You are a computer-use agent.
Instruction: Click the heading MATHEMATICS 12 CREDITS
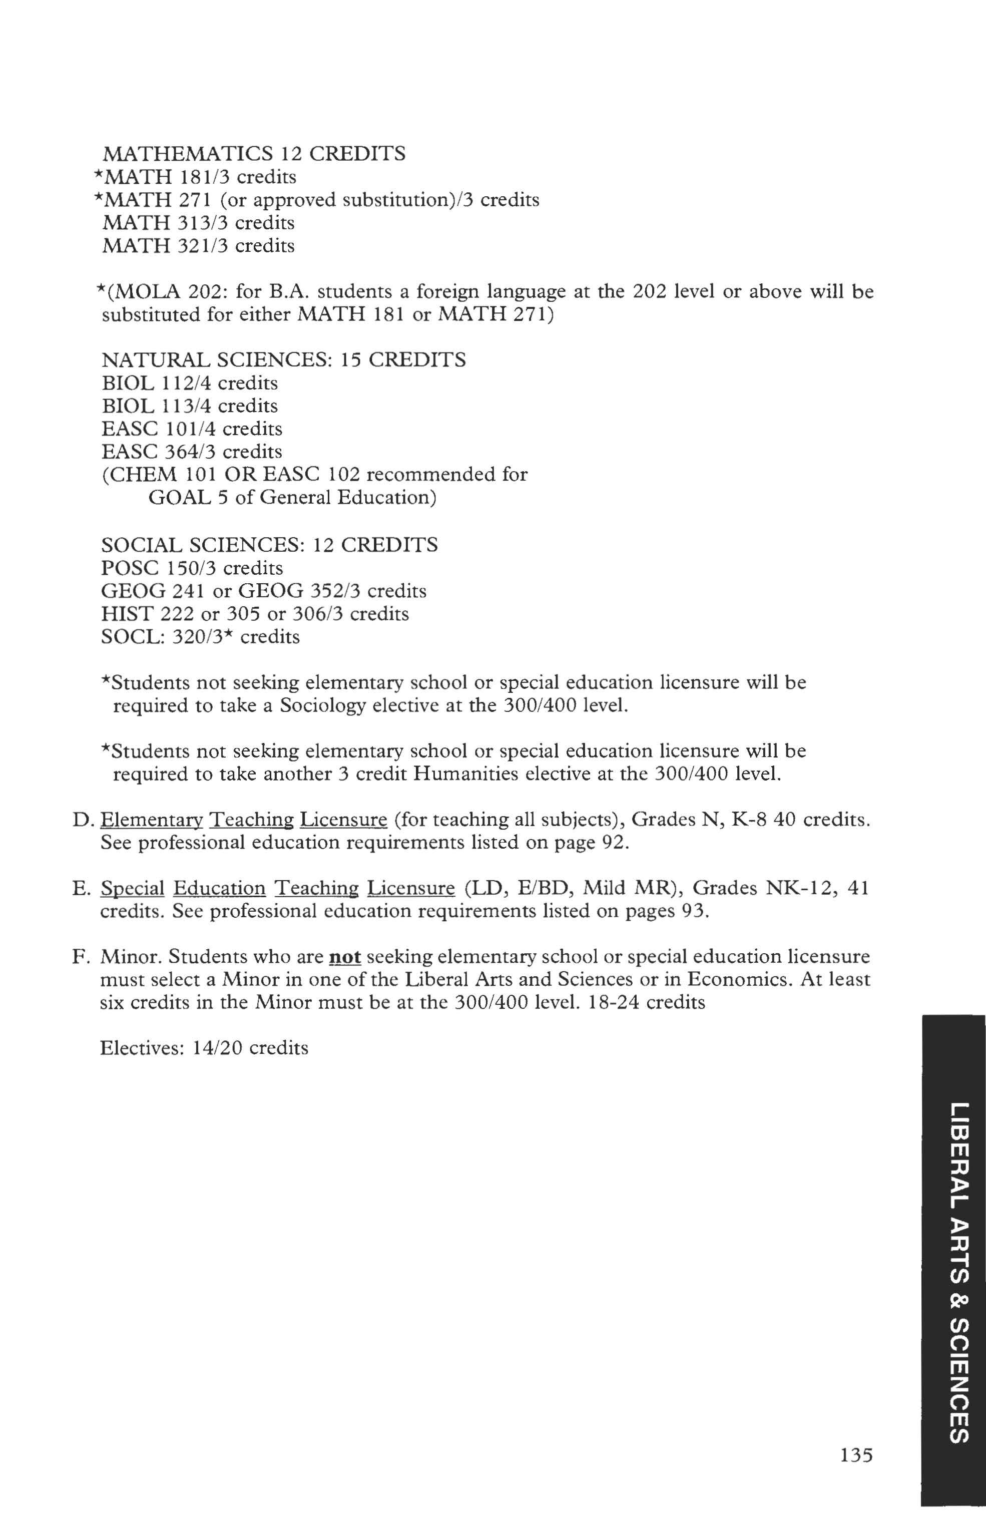point(253,154)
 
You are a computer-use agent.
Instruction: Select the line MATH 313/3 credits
point(198,223)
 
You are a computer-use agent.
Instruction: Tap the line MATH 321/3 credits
point(198,246)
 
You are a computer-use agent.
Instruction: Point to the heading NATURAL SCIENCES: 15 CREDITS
point(283,360)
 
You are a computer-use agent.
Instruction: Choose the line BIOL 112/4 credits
point(189,383)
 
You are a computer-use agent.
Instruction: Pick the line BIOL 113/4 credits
point(189,406)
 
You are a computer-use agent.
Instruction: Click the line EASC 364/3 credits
point(191,452)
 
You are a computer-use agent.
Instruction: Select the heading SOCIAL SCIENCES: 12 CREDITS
point(269,545)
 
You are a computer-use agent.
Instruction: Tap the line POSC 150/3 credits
point(192,568)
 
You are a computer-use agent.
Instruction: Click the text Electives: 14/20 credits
point(204,1048)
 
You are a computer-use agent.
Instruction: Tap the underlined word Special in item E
point(133,888)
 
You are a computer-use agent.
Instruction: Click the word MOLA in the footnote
point(148,292)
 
